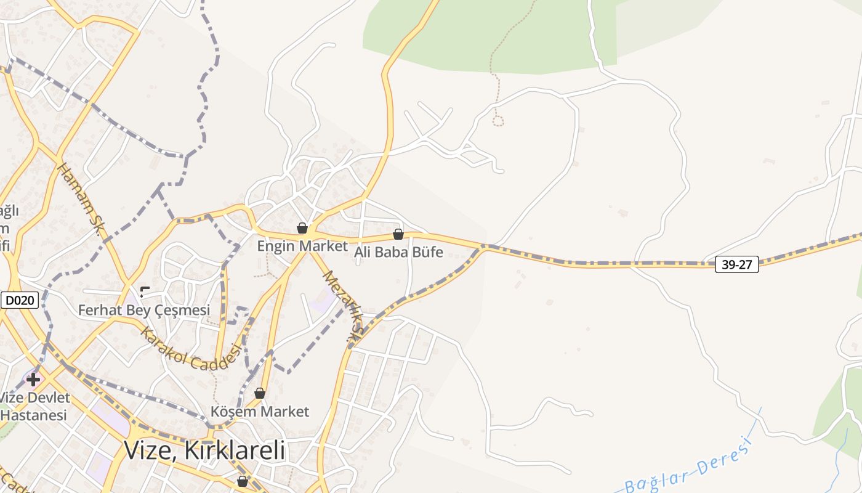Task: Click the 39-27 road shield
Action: [736, 265]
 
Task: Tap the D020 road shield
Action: [20, 301]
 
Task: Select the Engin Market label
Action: [302, 246]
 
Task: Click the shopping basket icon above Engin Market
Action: [302, 228]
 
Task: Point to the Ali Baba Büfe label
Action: [398, 252]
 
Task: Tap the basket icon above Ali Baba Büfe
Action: [398, 234]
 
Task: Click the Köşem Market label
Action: [260, 411]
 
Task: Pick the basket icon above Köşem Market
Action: [260, 393]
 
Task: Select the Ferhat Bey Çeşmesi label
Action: [144, 310]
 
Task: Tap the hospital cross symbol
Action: [33, 379]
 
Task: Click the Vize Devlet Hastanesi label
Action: [34, 406]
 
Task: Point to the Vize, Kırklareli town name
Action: [204, 450]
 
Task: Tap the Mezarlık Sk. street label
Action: [343, 306]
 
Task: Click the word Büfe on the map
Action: [427, 252]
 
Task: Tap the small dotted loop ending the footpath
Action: [497, 121]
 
